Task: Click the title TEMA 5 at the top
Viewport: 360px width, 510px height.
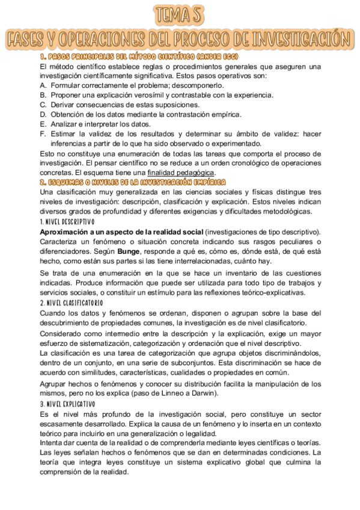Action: pyautogui.click(x=180, y=14)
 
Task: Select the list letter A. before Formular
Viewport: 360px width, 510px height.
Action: pyautogui.click(x=43, y=85)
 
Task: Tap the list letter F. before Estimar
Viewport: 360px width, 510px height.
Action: pyautogui.click(x=43, y=134)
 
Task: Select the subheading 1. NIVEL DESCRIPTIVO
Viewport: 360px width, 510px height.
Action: pyautogui.click(x=68, y=222)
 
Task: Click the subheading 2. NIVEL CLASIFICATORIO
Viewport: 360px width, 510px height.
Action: pyautogui.click(x=72, y=303)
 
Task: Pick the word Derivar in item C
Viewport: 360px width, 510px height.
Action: pyautogui.click(x=65, y=105)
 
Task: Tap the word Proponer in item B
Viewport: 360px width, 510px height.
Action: pyautogui.click(x=68, y=95)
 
